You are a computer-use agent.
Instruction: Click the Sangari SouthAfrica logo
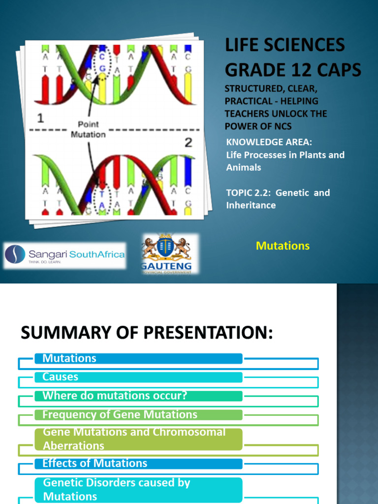pos(64,255)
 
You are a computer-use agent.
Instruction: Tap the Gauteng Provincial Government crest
pos(166,253)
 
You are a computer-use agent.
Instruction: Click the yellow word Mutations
pos(283,246)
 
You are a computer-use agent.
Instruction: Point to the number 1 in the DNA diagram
pos(41,118)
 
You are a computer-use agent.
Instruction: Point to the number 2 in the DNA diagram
pos(188,143)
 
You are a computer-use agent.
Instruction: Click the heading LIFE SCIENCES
pos(285,45)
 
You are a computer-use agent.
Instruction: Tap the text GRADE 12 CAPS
pos(293,70)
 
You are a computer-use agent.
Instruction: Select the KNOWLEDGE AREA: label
pos(269,142)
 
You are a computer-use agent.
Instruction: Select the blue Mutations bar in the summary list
pos(138,358)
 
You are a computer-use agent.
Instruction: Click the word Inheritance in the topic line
pos(251,205)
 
